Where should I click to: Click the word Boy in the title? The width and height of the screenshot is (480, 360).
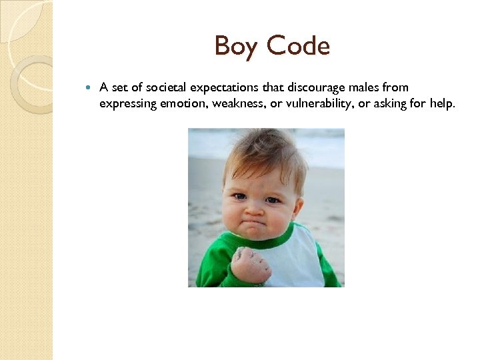point(237,47)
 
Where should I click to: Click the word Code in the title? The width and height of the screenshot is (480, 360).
point(298,47)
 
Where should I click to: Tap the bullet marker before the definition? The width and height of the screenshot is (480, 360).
point(90,87)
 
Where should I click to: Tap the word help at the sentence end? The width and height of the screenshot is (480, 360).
point(443,103)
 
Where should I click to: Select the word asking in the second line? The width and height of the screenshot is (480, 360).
point(393,103)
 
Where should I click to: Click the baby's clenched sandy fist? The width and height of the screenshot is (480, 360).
point(251,265)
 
